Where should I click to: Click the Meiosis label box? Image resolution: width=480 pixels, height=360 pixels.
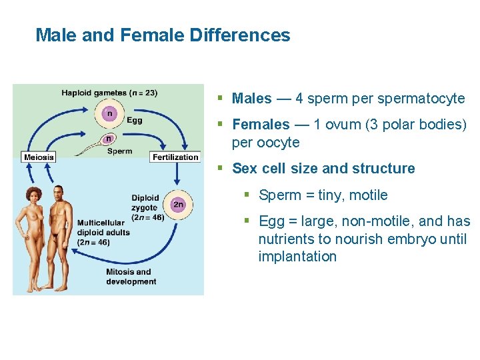coord(38,157)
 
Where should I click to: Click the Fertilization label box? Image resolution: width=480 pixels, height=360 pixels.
coord(175,157)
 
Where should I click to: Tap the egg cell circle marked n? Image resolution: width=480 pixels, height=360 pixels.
coord(109,113)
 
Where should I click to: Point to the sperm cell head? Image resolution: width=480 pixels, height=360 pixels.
coord(108,139)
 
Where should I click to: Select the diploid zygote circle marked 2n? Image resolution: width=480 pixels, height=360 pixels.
coord(177,205)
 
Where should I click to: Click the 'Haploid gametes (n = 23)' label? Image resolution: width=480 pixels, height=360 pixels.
coord(109,93)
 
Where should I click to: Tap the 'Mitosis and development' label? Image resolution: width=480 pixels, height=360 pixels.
coord(131,277)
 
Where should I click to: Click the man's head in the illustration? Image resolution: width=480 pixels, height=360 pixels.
coord(59,192)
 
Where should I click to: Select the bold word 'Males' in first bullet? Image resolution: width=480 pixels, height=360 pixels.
coord(252,99)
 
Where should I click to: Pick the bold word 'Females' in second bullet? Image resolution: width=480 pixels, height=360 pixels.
coord(261,125)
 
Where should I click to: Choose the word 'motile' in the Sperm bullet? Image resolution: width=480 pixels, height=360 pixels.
coord(365,195)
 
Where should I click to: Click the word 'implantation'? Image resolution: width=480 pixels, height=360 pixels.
coord(297,257)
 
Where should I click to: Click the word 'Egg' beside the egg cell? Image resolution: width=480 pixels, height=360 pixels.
coord(134,121)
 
